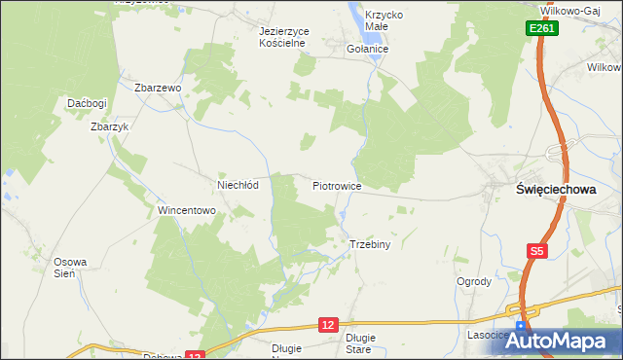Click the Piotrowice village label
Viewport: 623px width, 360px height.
click(338, 185)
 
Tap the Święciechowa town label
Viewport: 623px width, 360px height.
click(555, 191)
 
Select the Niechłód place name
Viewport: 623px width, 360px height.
click(237, 185)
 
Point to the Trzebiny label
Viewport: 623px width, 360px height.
click(370, 244)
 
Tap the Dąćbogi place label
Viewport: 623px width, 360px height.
click(87, 102)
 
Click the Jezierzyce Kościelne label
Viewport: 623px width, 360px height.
click(284, 37)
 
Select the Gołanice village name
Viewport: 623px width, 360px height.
click(368, 48)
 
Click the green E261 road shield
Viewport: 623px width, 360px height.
click(542, 30)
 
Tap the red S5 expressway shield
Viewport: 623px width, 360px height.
click(536, 251)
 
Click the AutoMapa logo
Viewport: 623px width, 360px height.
click(564, 341)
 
